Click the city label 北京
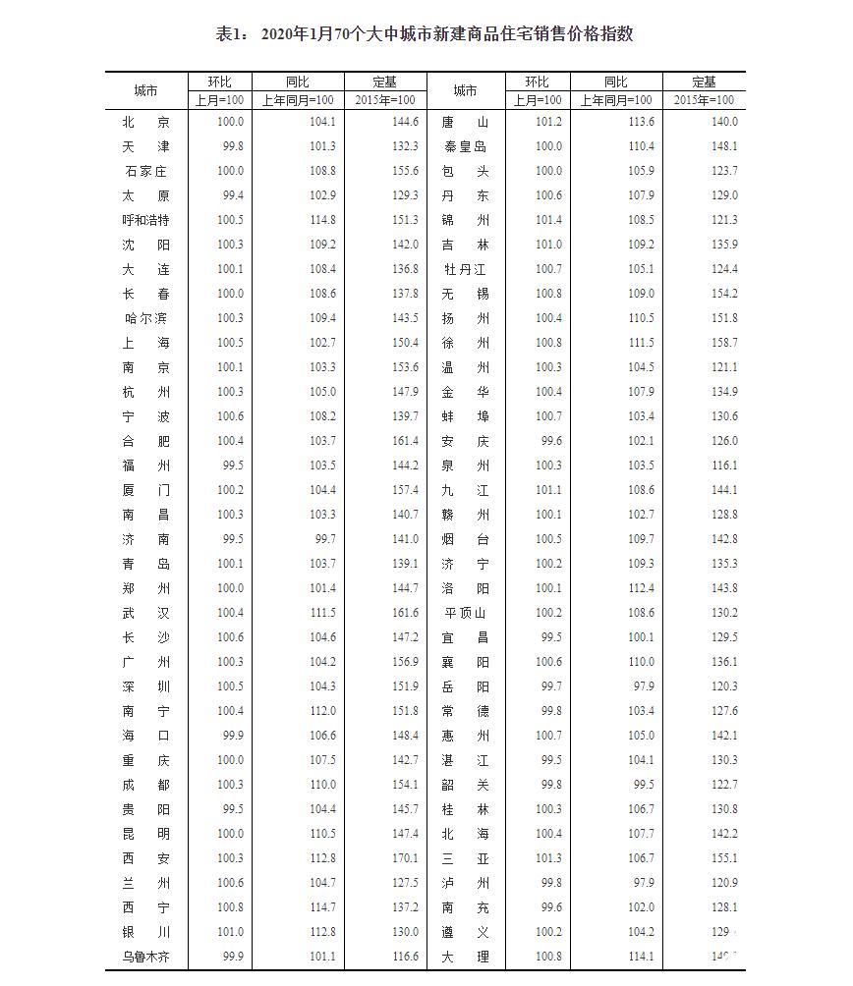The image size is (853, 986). pyautogui.click(x=145, y=122)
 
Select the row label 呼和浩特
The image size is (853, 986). pyautogui.click(x=145, y=220)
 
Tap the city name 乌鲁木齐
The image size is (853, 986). pyautogui.click(x=145, y=957)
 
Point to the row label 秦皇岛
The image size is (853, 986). pyautogui.click(x=465, y=146)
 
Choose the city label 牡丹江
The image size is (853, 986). pyautogui.click(x=465, y=269)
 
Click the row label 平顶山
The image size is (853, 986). pyautogui.click(x=465, y=613)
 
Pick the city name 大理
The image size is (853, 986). pyautogui.click(x=465, y=957)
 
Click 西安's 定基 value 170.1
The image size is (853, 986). pyautogui.click(x=404, y=858)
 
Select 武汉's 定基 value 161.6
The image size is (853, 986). pyautogui.click(x=404, y=613)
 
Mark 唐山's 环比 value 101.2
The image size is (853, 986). pyautogui.click(x=548, y=122)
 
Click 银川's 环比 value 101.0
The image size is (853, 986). pyautogui.click(x=230, y=932)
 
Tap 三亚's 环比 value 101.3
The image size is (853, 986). pyautogui.click(x=548, y=858)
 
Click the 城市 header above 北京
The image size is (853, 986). pyautogui.click(x=145, y=90)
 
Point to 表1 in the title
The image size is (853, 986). pyautogui.click(x=231, y=34)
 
